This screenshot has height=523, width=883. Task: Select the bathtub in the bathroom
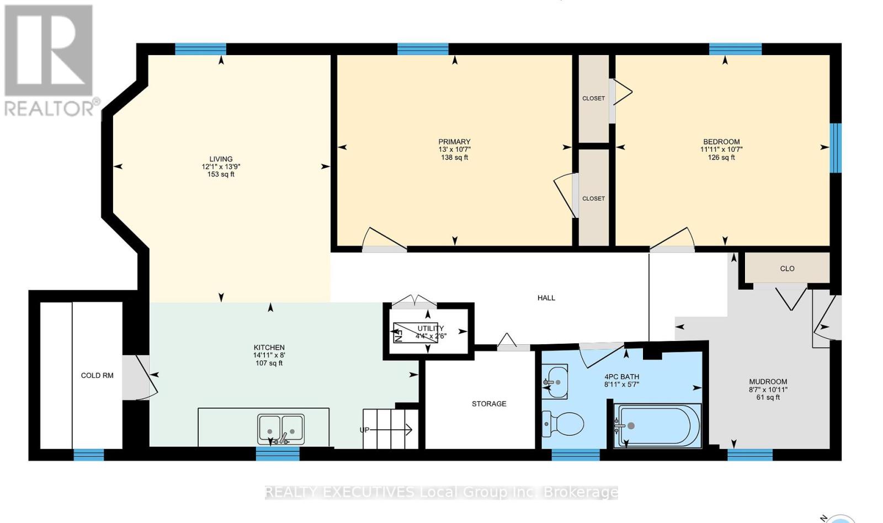tap(658, 426)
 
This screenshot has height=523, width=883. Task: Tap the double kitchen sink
tap(281, 429)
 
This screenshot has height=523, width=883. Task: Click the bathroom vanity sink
tap(555, 382)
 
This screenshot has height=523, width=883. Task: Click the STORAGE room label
tap(489, 404)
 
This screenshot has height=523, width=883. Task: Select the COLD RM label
tap(97, 376)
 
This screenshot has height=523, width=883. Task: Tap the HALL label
tap(546, 298)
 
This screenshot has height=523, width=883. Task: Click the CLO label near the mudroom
tap(787, 269)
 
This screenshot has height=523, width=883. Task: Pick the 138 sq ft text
tap(455, 158)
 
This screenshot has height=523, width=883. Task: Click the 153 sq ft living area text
tap(221, 174)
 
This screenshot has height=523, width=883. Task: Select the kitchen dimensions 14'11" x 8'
tap(269, 355)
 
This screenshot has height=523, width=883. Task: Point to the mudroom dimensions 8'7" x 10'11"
tap(768, 389)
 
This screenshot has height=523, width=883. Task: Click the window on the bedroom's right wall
tap(836, 148)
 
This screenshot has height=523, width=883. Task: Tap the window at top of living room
tap(201, 49)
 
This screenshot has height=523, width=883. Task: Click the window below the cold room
tap(89, 455)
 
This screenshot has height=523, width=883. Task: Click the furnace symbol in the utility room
tap(416, 332)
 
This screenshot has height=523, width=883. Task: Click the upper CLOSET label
tap(594, 99)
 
